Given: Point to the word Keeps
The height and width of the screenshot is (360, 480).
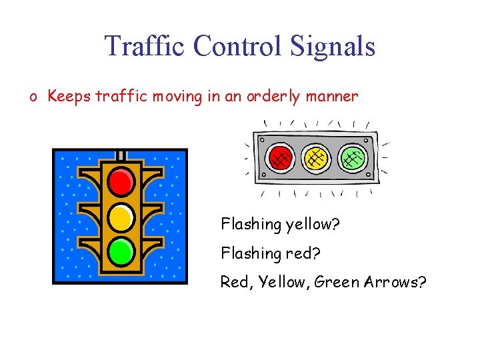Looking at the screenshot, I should [x=70, y=97].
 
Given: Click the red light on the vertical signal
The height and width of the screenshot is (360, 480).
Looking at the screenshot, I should [x=121, y=181].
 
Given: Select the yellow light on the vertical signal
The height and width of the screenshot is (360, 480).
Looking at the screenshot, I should [x=121, y=216].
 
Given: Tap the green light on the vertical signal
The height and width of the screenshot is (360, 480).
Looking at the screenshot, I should [x=121, y=251].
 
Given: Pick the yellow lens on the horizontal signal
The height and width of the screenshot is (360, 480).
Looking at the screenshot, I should [x=316, y=158].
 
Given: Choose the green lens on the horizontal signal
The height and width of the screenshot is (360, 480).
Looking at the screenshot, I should [x=353, y=158].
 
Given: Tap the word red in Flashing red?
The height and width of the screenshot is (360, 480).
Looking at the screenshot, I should [x=303, y=253].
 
